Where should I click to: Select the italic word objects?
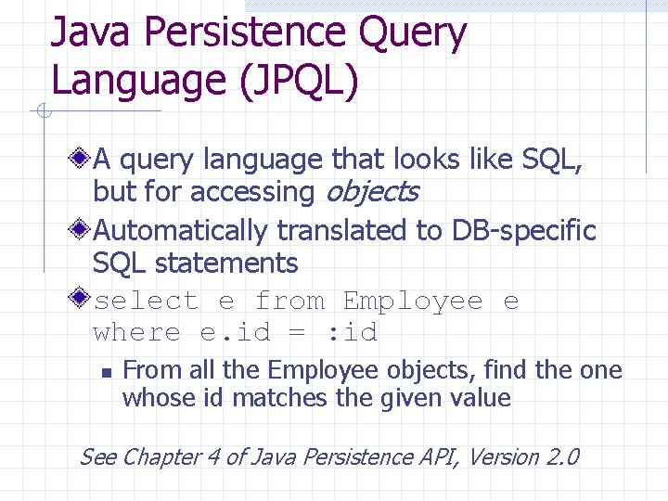tap(371, 193)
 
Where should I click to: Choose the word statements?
tap(226, 263)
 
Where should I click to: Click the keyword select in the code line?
tap(146, 302)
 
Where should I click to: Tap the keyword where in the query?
tap(137, 333)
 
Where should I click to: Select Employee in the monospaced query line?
tap(413, 302)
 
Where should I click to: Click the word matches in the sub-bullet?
tap(270, 399)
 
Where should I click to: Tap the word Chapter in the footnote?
tap(163, 457)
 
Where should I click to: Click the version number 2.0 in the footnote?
tap(562, 457)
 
